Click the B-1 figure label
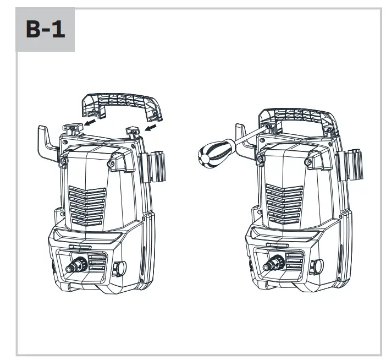coord(45,30)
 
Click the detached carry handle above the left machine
coord(122,104)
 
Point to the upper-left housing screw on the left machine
coord(64,161)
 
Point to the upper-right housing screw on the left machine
coord(113,163)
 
